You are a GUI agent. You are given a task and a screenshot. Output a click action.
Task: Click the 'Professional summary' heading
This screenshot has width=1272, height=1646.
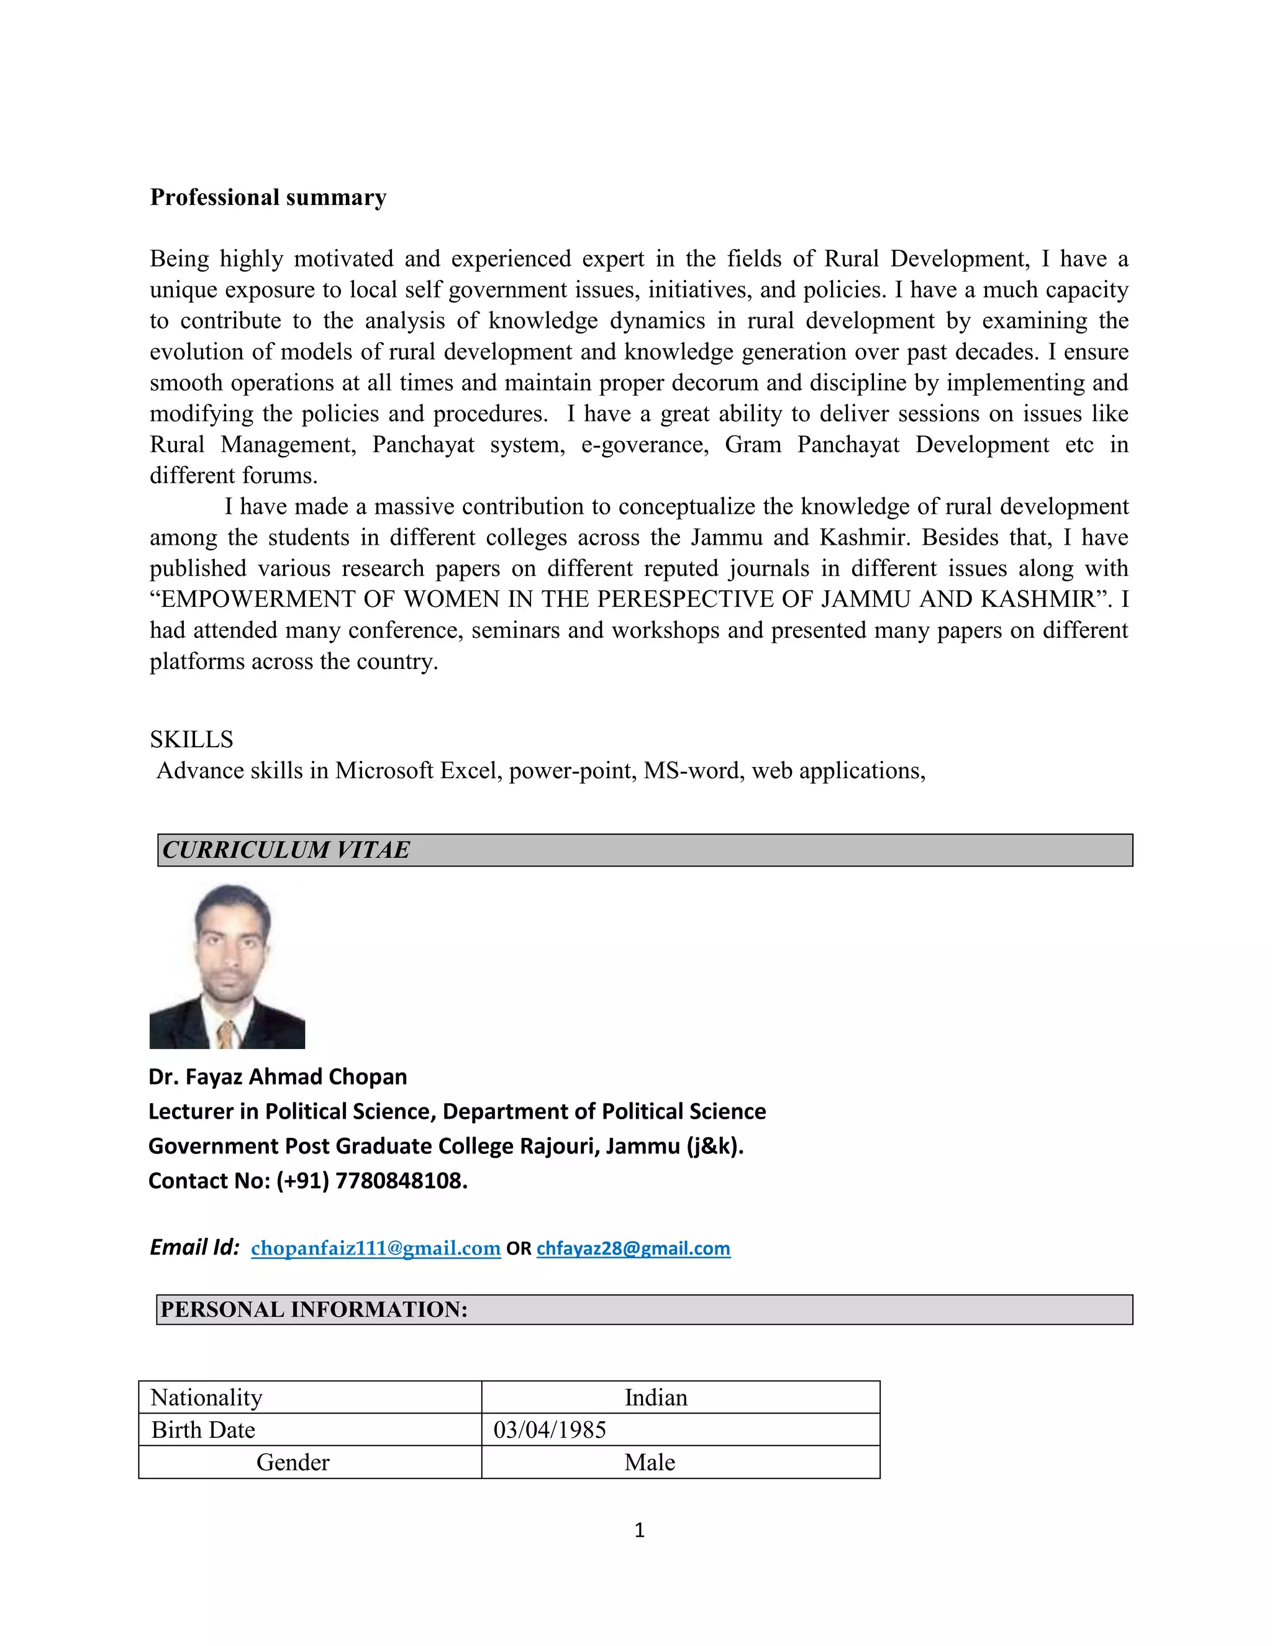tap(268, 198)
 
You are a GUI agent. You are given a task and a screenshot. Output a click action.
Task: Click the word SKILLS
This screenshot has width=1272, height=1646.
tap(191, 739)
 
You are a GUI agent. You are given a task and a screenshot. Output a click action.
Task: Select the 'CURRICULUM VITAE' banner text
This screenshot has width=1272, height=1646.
tap(286, 850)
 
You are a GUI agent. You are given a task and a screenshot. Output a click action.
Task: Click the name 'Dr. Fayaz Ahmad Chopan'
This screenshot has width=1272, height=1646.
tap(277, 1077)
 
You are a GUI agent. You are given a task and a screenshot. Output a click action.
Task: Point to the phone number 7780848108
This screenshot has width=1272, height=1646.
tap(400, 1181)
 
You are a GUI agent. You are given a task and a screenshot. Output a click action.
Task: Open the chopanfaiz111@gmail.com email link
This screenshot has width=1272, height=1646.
tap(375, 1249)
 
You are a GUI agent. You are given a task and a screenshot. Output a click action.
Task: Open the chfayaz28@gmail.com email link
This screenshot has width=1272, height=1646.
tap(633, 1249)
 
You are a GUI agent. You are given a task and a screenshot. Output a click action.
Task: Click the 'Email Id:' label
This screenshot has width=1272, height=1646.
tap(194, 1248)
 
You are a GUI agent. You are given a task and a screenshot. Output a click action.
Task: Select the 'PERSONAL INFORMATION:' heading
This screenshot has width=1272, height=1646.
tap(314, 1310)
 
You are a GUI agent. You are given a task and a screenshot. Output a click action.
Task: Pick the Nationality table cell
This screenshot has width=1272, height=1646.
tap(206, 1398)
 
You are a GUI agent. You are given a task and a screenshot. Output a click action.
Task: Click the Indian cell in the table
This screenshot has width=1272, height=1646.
tap(656, 1398)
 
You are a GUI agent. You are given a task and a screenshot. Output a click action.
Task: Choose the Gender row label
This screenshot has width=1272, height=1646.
tap(293, 1463)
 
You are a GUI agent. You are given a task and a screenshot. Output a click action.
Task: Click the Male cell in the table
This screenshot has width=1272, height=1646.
tap(649, 1463)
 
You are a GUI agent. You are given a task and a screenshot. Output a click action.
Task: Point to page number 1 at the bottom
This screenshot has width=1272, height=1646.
tap(639, 1530)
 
